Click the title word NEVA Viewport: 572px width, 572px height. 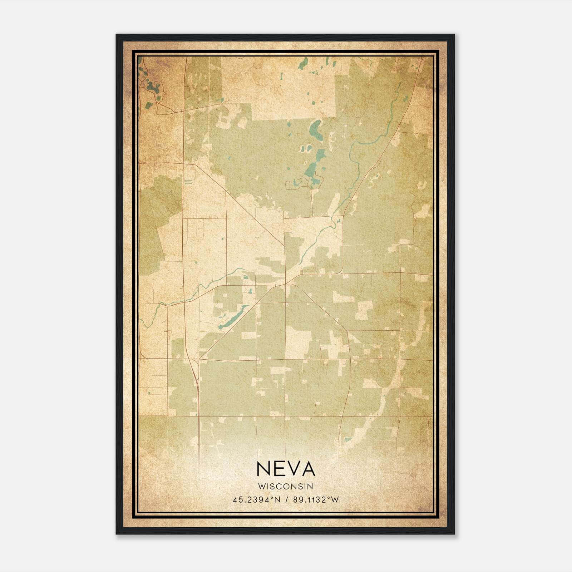(x=286, y=469)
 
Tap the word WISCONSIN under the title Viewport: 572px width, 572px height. (x=286, y=487)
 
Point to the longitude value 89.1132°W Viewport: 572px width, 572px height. (x=315, y=500)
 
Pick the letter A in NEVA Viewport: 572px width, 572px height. (x=307, y=469)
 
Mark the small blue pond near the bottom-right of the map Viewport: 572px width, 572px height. (x=348, y=439)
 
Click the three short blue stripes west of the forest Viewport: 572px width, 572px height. (x=188, y=182)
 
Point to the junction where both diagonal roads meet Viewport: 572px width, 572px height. (x=285, y=285)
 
